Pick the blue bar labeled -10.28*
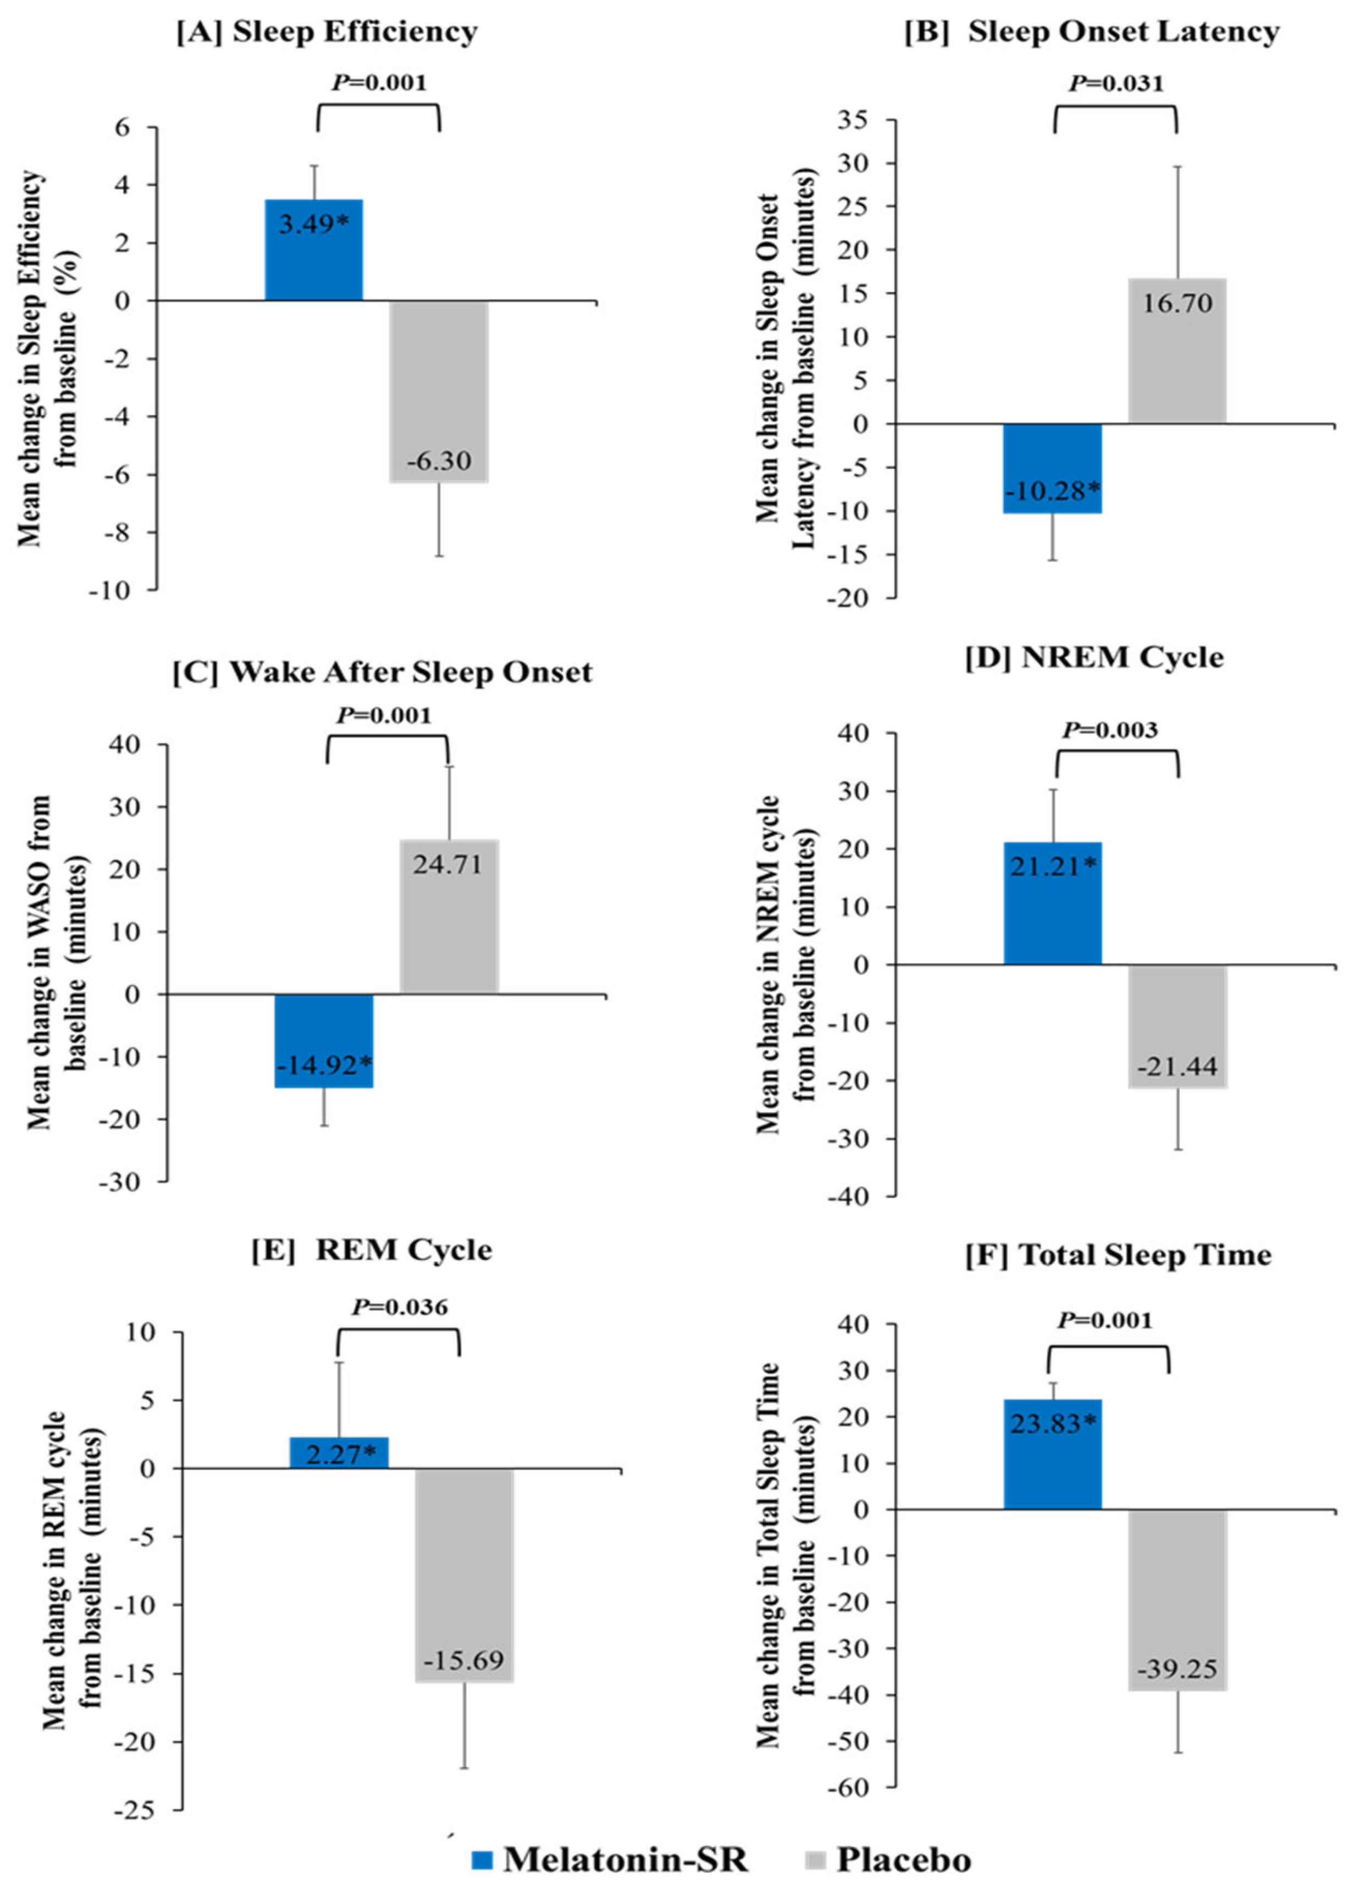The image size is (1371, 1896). (1053, 468)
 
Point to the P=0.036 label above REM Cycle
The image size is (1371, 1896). (400, 1307)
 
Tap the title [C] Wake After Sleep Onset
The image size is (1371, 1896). (382, 672)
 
